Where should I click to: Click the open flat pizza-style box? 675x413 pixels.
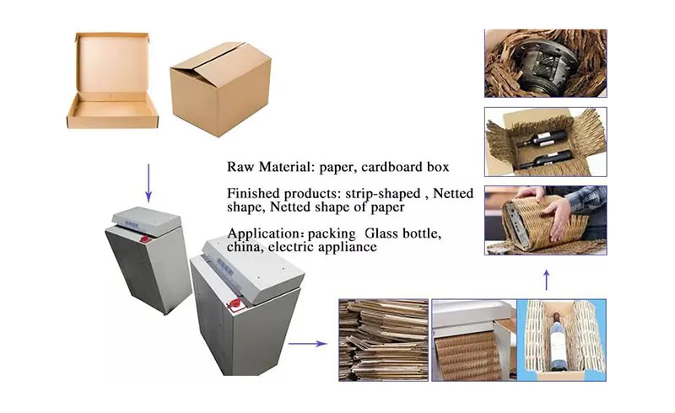[x=112, y=82]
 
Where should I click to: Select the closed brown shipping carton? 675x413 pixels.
[x=220, y=88]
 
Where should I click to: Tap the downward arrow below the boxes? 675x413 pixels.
[x=148, y=183]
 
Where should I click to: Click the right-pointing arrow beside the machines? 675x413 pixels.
[x=307, y=343]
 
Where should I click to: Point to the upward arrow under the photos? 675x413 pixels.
[x=546, y=280]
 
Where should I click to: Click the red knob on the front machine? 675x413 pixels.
[x=235, y=304]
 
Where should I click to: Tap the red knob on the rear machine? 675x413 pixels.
[x=146, y=239]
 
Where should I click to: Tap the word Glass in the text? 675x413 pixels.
[x=381, y=233]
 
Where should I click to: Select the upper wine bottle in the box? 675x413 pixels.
[x=541, y=138]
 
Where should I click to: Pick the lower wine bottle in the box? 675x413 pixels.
[x=545, y=159]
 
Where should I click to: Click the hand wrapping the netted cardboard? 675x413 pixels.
[x=559, y=217]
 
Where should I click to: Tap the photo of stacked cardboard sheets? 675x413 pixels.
[x=383, y=340]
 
